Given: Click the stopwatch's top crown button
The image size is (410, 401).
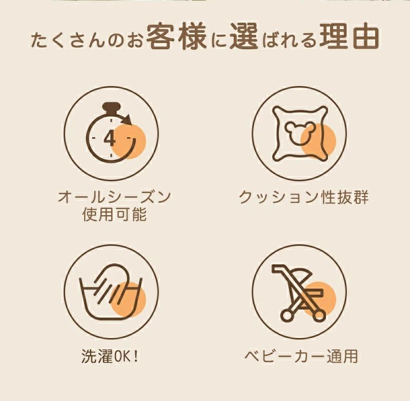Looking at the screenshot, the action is [111, 107].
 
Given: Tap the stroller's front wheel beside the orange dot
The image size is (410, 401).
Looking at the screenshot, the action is [318, 316].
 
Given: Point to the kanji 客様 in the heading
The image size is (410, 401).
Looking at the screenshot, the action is [176, 37].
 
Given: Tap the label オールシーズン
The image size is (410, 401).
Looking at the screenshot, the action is [114, 197].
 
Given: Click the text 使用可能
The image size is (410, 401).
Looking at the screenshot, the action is [114, 215].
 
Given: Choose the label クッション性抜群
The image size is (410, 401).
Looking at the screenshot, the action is [303, 197].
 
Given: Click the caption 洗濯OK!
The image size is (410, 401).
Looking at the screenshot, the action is [110, 356].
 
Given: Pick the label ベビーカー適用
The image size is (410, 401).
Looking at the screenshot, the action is [301, 356].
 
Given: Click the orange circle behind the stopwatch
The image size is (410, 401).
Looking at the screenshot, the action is [128, 141].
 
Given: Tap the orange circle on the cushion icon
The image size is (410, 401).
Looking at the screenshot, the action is [318, 141].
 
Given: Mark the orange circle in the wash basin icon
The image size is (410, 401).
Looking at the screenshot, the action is [128, 300].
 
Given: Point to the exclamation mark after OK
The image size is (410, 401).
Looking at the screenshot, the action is [135, 356].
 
